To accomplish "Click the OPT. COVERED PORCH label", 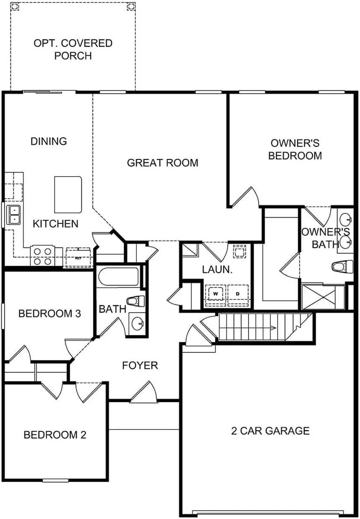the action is pyautogui.click(x=73, y=49).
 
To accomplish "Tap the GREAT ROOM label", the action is pyautogui.click(x=162, y=163).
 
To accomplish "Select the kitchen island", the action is pyautogui.click(x=68, y=195).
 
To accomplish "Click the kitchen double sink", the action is pyautogui.click(x=13, y=215).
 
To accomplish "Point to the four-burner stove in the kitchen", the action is pyautogui.click(x=43, y=257).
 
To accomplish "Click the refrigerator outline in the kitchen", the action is pyautogui.click(x=78, y=257).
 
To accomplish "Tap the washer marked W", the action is pyautogui.click(x=216, y=294).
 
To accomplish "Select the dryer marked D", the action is pyautogui.click(x=238, y=294).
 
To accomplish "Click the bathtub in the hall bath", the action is pyautogui.click(x=118, y=277).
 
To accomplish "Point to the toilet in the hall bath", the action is pyautogui.click(x=136, y=301).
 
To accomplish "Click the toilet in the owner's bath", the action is pyautogui.click(x=342, y=267).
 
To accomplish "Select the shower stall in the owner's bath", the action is pyautogui.click(x=319, y=297).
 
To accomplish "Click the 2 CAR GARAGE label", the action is pyautogui.click(x=270, y=431).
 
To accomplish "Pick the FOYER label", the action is pyautogui.click(x=140, y=365).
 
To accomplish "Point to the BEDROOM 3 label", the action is pyautogui.click(x=49, y=313).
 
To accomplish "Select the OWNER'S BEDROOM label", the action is pyautogui.click(x=295, y=149).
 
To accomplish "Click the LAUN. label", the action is pyautogui.click(x=217, y=269).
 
